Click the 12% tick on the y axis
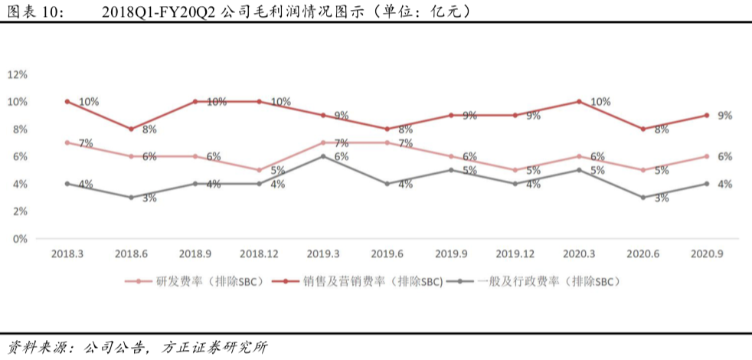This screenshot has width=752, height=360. click(18, 74)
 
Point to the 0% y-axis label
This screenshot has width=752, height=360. click(20, 238)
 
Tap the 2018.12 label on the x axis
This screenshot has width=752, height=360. click(259, 254)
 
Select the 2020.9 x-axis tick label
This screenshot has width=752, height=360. click(707, 254)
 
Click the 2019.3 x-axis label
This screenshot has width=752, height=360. click(322, 254)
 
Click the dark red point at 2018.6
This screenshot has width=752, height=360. click(131, 129)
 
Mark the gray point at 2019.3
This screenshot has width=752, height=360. click(322, 156)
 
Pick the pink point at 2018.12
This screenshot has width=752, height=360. click(259, 170)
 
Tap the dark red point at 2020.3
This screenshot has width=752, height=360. click(579, 101)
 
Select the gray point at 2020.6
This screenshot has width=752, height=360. click(643, 198)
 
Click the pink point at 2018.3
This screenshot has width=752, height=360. click(67, 142)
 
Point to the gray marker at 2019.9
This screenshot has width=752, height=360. click(451, 170)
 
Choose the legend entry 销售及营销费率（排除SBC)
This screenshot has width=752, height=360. click(358, 282)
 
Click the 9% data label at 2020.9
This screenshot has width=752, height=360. click(724, 116)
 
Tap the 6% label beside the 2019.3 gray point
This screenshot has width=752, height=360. click(341, 156)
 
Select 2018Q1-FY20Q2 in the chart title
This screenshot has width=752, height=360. click(159, 12)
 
